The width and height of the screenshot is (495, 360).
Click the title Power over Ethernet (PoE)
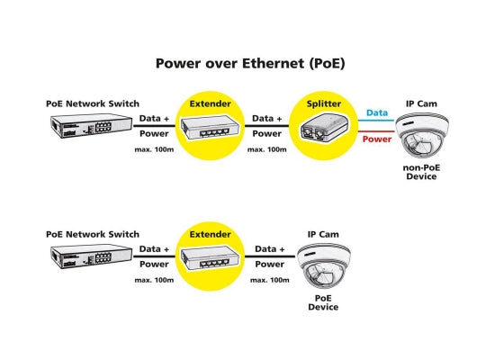pyautogui.click(x=250, y=64)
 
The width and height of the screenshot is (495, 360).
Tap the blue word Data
pyautogui.click(x=377, y=112)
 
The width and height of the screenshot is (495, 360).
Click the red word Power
pyautogui.click(x=377, y=139)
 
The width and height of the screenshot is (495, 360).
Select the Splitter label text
pyautogui.click(x=324, y=103)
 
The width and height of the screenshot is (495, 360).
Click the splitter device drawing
pyautogui.click(x=324, y=128)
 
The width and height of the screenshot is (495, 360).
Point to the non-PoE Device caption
pyautogui.click(x=421, y=172)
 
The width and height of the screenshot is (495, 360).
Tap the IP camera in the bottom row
pyautogui.click(x=323, y=265)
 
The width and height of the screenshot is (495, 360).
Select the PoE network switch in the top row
pyautogui.click(x=92, y=126)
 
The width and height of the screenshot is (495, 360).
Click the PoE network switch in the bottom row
pyautogui.click(x=92, y=256)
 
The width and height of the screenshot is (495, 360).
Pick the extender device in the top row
pyautogui.click(x=210, y=128)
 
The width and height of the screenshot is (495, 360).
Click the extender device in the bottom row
pyautogui.click(x=210, y=258)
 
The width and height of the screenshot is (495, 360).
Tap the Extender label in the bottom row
pyautogui.click(x=210, y=234)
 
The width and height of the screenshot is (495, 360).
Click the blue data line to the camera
pyautogui.click(x=376, y=121)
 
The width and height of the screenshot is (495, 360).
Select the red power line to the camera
pyautogui.click(x=376, y=131)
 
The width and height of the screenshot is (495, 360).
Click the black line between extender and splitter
pyautogui.click(x=266, y=126)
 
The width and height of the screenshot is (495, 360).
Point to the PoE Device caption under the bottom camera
pyautogui.click(x=323, y=302)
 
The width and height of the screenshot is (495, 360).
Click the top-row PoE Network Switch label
pyautogui.click(x=93, y=103)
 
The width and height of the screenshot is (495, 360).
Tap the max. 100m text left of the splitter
pyautogui.click(x=267, y=149)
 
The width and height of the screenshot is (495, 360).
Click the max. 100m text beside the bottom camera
pyautogui.click(x=270, y=280)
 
